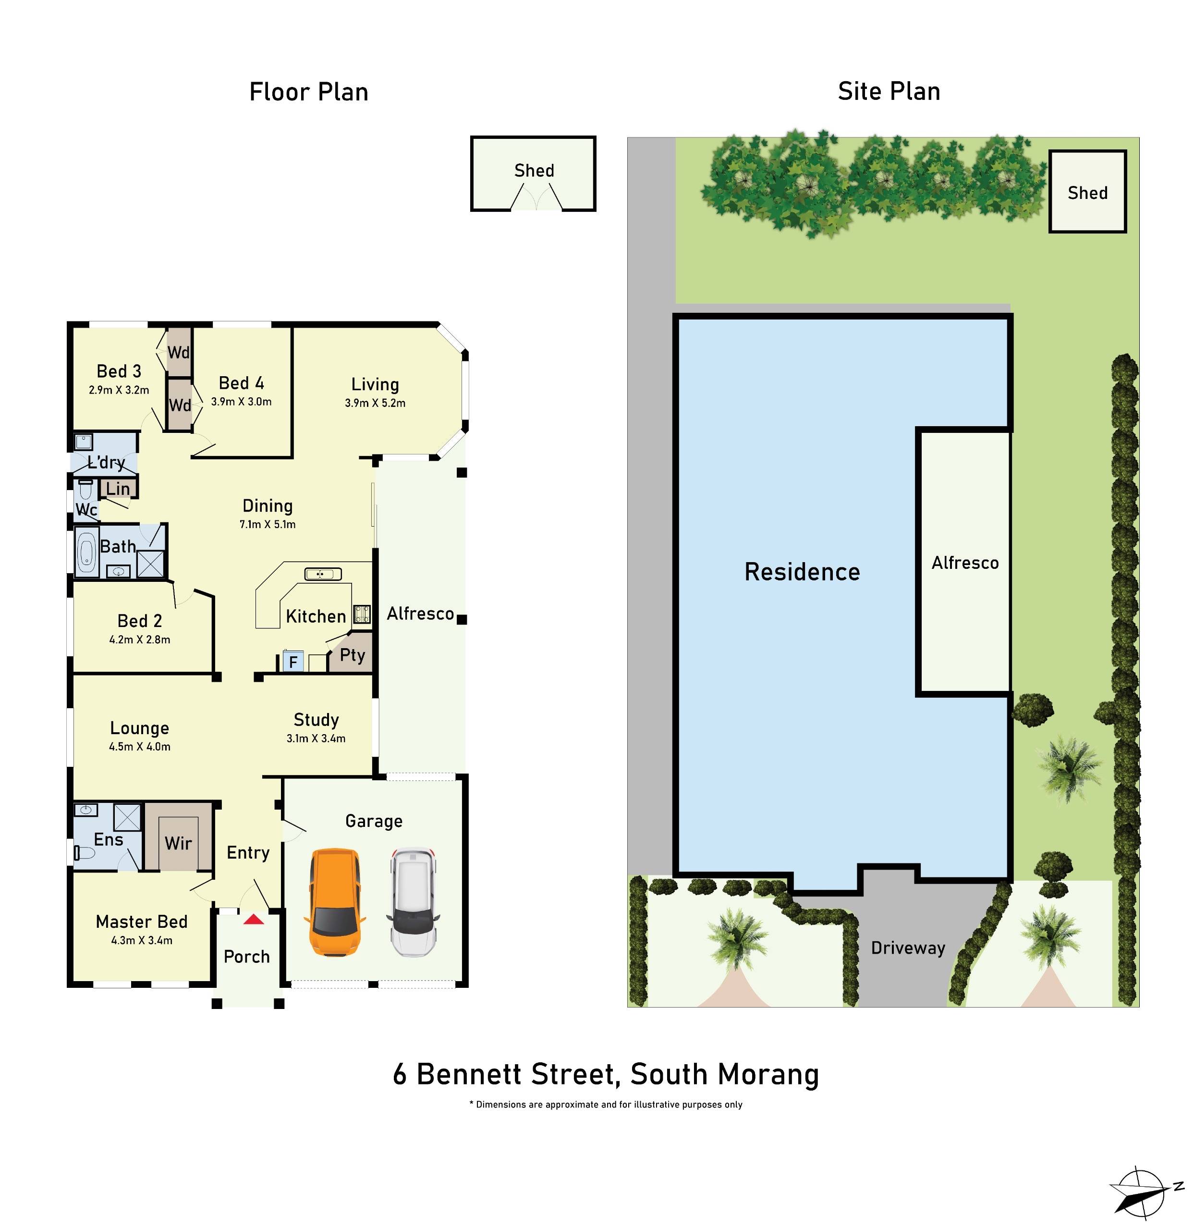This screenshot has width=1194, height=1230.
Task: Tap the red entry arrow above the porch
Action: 254,919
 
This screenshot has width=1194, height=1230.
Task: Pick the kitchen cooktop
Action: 362,613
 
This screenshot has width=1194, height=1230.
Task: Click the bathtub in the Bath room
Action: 86,552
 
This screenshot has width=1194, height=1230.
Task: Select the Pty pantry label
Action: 352,654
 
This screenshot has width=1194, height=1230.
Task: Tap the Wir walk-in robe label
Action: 178,843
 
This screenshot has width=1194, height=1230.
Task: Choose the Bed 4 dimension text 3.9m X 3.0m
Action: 242,402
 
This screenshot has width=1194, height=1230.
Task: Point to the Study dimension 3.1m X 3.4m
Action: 316,738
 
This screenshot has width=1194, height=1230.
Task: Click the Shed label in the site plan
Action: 1087,193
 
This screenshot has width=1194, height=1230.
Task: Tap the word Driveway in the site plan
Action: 908,947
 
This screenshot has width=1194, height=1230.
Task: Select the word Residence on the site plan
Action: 802,572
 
